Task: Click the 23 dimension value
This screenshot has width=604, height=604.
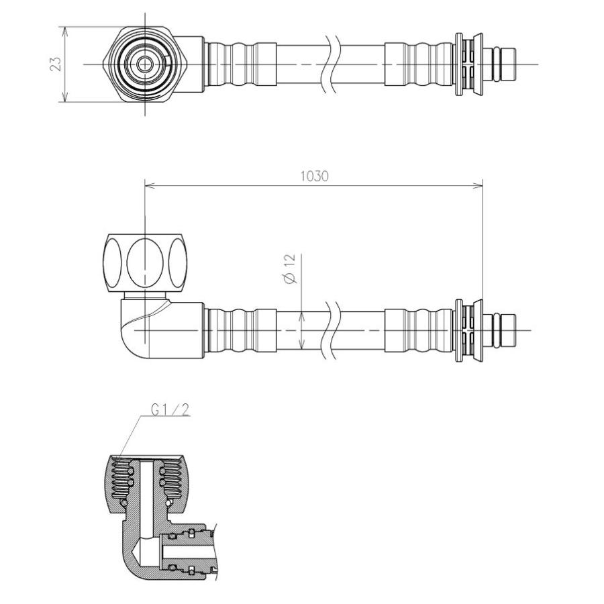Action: [56, 64]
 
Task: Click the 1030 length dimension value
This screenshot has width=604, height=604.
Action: [314, 177]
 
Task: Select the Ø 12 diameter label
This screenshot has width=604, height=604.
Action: [290, 268]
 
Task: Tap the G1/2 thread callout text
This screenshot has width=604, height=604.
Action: [170, 410]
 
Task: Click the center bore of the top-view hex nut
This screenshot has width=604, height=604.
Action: [145, 64]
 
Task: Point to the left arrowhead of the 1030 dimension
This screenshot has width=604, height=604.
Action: [150, 186]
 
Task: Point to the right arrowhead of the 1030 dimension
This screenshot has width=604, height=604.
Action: [478, 186]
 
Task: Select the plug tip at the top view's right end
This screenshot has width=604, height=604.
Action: [509, 64]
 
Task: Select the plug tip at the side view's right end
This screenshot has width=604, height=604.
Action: [509, 330]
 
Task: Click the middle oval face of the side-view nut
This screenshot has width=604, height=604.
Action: [145, 262]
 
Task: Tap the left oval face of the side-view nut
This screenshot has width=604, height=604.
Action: [112, 262]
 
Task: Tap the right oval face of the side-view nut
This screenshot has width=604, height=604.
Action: [178, 262]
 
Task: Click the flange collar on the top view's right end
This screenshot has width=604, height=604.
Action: [468, 64]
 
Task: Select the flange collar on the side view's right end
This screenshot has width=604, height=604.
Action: [468, 330]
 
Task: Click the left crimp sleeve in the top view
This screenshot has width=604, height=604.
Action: [242, 64]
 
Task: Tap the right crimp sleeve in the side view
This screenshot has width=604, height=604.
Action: [419, 330]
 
